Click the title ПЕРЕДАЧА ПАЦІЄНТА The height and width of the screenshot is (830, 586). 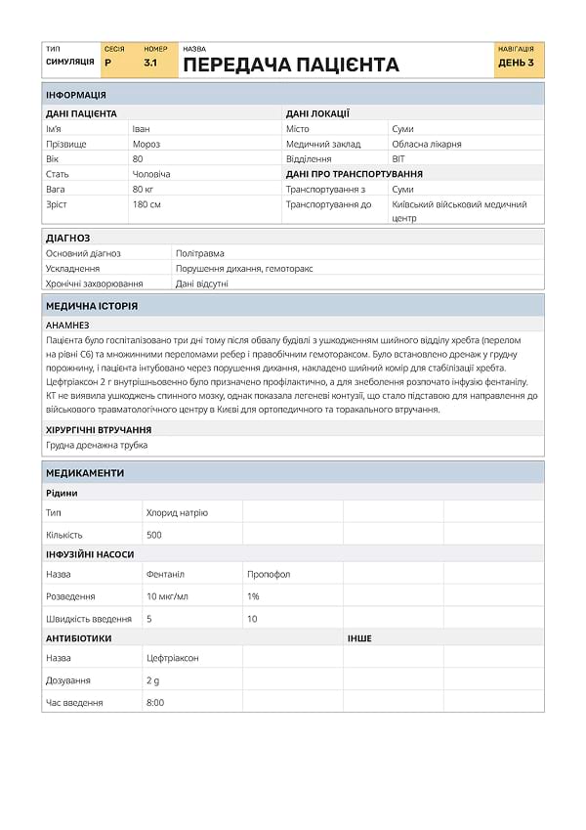291,66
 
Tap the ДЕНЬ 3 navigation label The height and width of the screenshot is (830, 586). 516,63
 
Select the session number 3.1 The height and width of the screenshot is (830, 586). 150,63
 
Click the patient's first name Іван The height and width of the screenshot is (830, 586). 141,129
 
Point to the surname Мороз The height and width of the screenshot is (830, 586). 146,144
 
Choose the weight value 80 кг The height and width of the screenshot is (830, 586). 144,189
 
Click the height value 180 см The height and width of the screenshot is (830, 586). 146,204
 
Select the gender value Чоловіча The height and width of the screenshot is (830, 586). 150,174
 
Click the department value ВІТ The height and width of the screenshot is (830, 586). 398,158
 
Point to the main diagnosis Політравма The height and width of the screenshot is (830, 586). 199,253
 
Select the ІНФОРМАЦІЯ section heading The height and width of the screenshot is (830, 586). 76,95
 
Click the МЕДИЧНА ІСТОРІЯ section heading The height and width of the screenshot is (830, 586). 92,306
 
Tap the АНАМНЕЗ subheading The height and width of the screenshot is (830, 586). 67,325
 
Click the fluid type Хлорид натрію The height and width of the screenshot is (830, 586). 177,512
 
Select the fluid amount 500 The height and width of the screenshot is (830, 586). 154,535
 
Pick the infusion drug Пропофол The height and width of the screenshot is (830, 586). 269,574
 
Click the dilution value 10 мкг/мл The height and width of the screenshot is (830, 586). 167,596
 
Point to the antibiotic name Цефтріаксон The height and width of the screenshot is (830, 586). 173,658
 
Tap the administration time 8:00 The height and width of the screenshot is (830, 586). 155,702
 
